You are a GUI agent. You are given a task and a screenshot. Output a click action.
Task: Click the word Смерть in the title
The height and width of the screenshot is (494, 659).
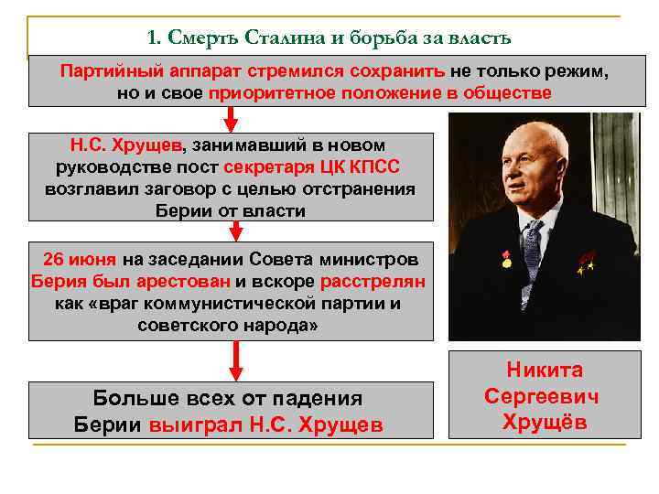click(195, 38)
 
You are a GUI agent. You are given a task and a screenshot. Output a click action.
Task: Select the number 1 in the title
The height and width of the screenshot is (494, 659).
click(151, 38)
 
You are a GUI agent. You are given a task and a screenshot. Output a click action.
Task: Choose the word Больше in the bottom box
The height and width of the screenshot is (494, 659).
click(137, 398)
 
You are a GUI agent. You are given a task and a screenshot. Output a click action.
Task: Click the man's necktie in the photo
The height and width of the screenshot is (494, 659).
click(532, 248)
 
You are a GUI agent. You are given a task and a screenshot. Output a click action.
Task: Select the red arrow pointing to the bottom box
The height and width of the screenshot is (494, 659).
click(235, 360)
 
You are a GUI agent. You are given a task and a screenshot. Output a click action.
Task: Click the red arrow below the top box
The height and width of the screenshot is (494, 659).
click(232, 117)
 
